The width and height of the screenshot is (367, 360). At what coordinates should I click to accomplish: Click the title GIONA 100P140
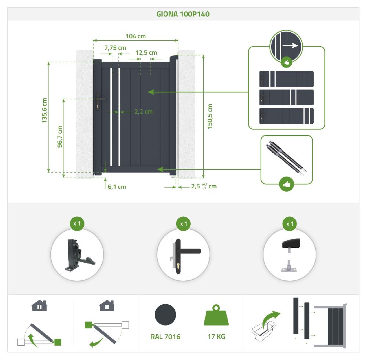(x=183, y=14)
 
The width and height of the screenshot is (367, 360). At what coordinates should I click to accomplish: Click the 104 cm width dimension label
(x=135, y=36)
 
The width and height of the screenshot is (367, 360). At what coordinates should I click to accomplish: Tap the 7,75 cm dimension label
(x=115, y=48)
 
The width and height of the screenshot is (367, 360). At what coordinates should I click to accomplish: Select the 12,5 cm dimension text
(x=146, y=53)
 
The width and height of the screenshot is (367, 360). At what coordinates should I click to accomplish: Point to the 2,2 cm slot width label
(x=143, y=112)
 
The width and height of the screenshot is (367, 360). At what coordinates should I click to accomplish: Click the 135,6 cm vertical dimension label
(x=44, y=110)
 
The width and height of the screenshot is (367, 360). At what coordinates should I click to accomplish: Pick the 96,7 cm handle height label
(x=60, y=137)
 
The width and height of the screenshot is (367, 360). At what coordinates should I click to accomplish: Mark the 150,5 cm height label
(x=210, y=116)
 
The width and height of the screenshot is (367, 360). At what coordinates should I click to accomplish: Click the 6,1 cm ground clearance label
(x=117, y=187)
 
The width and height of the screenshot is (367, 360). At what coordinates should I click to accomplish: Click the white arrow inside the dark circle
(x=290, y=46)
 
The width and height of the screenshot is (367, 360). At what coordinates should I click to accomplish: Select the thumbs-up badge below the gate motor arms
(x=287, y=184)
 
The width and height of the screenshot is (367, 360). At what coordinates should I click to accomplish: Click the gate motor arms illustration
(x=286, y=157)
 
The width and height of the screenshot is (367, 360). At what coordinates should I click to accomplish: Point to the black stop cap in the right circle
(x=291, y=244)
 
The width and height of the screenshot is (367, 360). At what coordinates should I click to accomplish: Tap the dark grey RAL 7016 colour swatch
(x=166, y=314)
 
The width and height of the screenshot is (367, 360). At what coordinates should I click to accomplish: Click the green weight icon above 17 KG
(x=216, y=315)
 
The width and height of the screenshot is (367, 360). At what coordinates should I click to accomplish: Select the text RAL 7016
(x=166, y=337)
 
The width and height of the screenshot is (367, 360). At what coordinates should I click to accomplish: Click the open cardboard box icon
(x=263, y=331)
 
